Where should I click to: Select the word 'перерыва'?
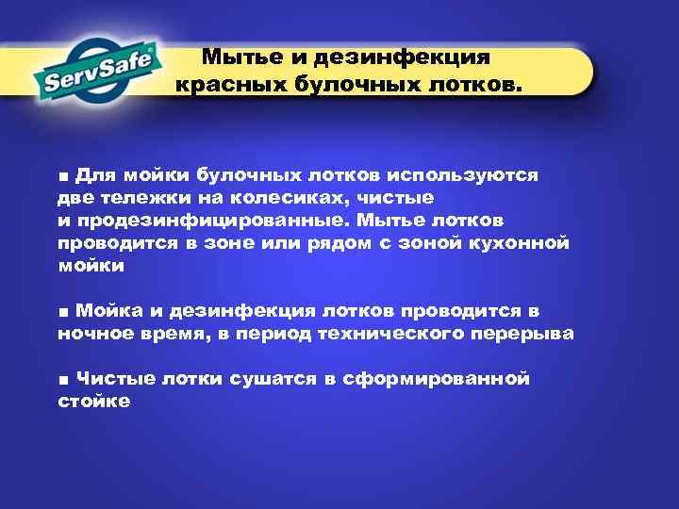(528, 334)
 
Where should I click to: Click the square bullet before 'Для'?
(62, 176)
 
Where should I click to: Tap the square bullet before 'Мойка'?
(62, 312)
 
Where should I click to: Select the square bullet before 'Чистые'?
(62, 380)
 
